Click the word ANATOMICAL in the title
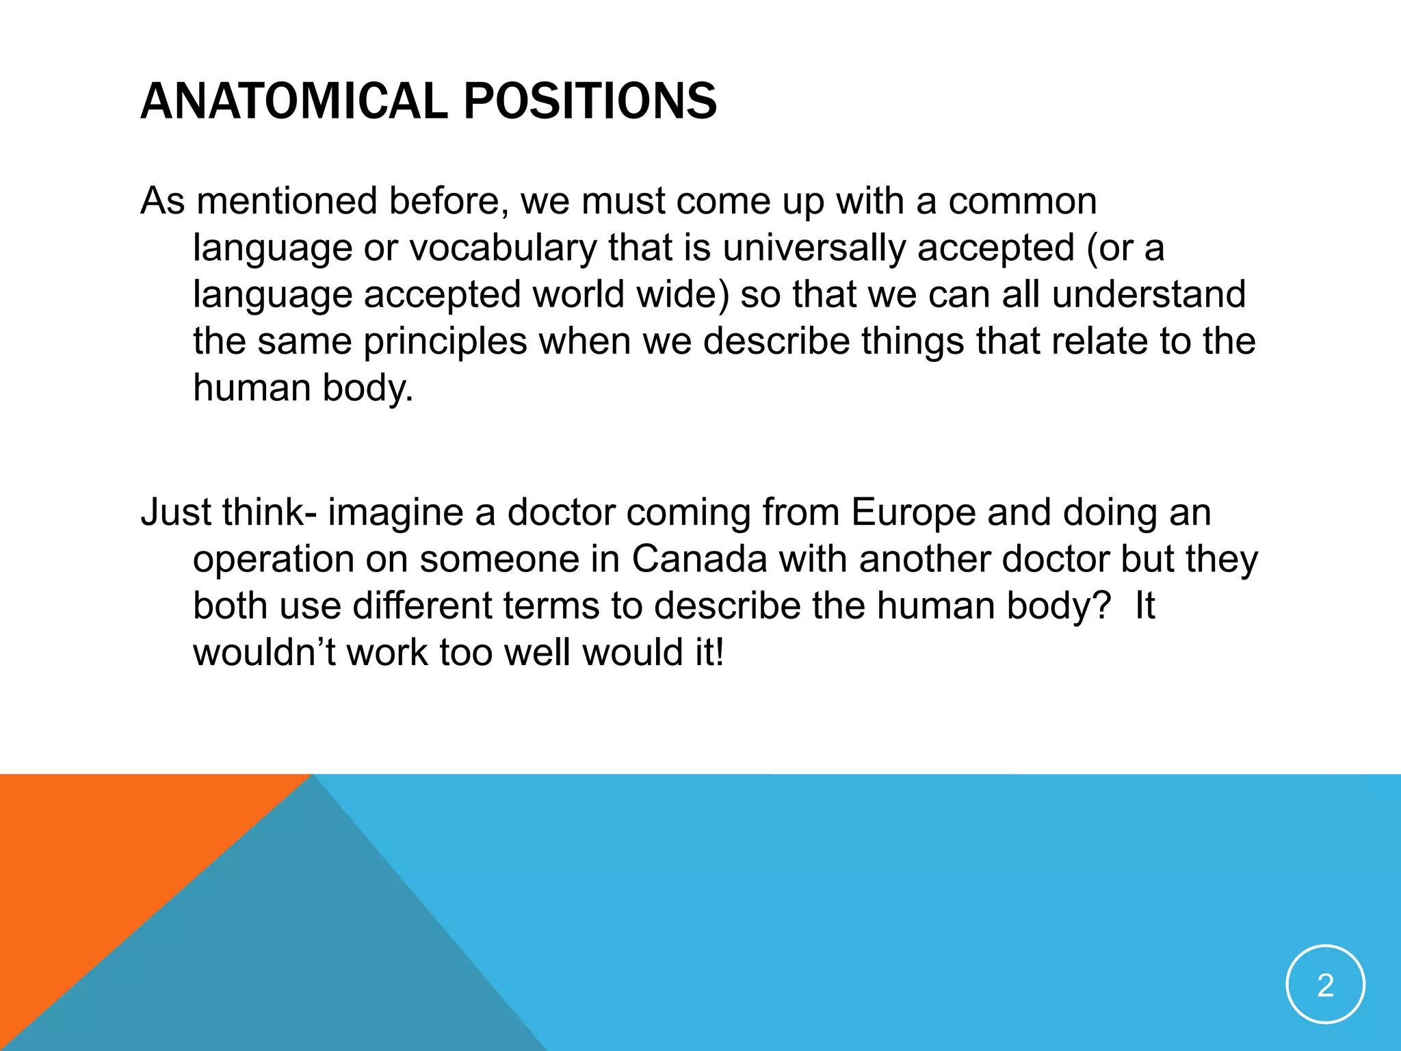coord(294,101)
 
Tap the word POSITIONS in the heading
coord(590,101)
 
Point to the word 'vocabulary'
coord(503,248)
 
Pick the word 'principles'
coord(445,341)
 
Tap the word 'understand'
coord(1149,294)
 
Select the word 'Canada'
coord(699,559)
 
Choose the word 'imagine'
coord(396,513)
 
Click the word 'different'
coord(422,606)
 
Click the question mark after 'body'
coord(1101,606)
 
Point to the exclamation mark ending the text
coord(718,652)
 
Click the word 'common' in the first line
coord(1023,201)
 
